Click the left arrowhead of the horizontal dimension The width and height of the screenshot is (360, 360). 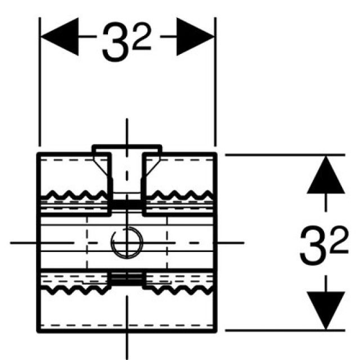59,37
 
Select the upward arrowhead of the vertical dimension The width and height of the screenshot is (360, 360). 326,175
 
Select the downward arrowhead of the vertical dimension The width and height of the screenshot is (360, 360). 326,309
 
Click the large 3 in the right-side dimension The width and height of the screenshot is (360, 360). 313,246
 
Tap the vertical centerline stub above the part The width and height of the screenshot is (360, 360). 127,132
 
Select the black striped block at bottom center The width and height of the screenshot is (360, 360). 127,278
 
